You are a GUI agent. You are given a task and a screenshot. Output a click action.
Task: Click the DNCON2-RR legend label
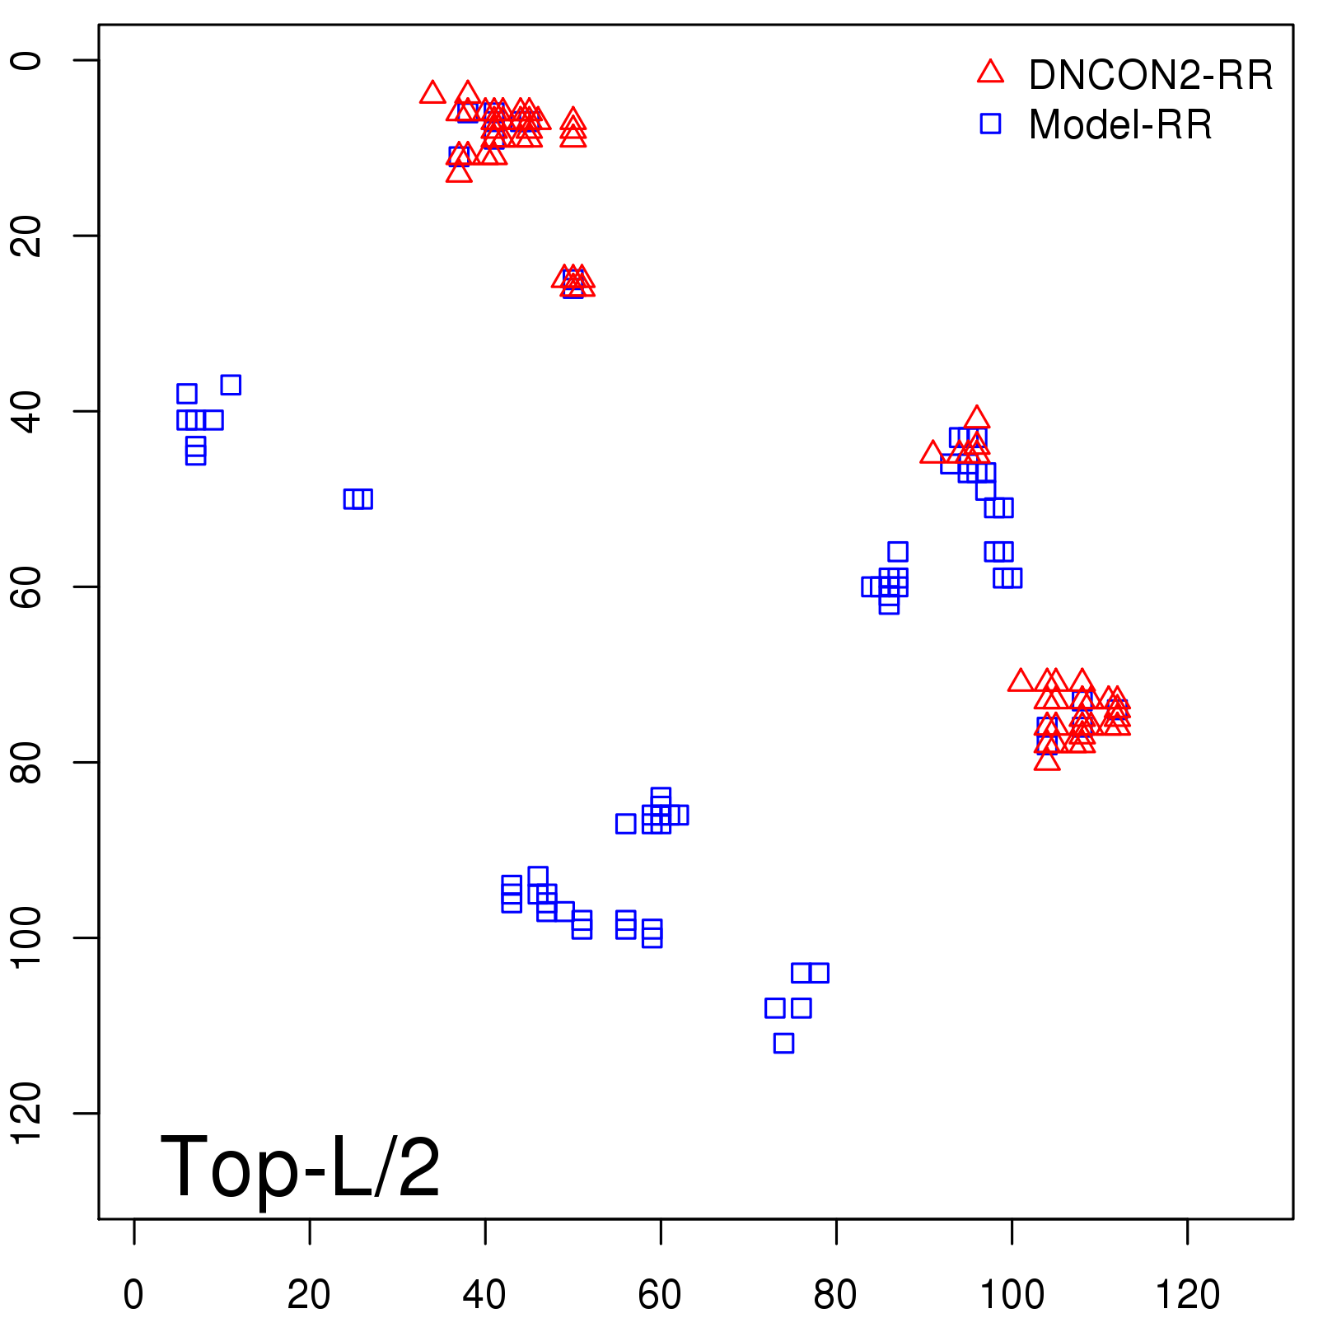click(1150, 75)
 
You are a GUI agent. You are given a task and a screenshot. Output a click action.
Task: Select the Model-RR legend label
click(1119, 125)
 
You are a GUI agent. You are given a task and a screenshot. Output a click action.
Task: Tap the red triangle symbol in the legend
click(990, 72)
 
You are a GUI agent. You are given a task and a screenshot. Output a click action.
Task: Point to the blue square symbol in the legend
click(990, 124)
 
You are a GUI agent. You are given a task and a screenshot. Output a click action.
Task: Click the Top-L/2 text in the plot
click(300, 1166)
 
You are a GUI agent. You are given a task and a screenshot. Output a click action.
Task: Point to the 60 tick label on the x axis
click(660, 1295)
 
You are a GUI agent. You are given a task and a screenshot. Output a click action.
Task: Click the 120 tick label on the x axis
click(1187, 1295)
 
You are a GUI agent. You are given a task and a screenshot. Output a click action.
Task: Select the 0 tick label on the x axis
click(133, 1295)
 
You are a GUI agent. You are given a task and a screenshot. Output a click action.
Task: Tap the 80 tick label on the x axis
click(835, 1295)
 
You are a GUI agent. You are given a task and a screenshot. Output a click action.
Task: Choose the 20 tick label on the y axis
click(28, 236)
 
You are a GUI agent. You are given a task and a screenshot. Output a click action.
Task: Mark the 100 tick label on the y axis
click(28, 937)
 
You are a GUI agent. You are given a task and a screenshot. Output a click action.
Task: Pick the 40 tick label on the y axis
click(28, 411)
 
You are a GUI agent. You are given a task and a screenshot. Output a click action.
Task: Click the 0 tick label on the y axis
click(28, 60)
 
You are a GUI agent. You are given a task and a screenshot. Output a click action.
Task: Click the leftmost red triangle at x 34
click(432, 93)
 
